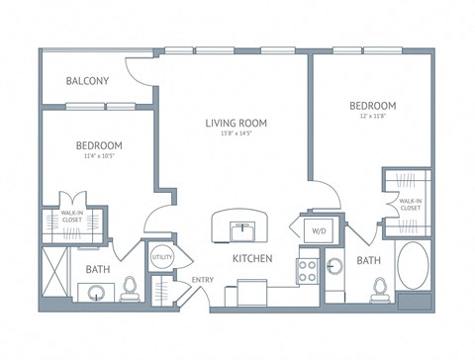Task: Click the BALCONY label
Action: (88, 81)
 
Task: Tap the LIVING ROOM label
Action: (237, 124)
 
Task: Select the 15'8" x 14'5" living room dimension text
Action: (237, 135)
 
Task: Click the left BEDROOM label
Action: (99, 144)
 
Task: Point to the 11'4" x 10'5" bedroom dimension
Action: (99, 156)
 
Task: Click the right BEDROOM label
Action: (372, 106)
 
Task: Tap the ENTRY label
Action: (203, 279)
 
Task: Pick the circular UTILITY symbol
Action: (161, 258)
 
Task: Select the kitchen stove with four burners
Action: (307, 271)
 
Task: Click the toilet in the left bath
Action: (130, 288)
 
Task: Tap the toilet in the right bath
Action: (377, 288)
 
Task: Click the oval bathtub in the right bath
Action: (414, 267)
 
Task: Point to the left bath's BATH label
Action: (98, 268)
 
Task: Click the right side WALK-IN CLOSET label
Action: (411, 206)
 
